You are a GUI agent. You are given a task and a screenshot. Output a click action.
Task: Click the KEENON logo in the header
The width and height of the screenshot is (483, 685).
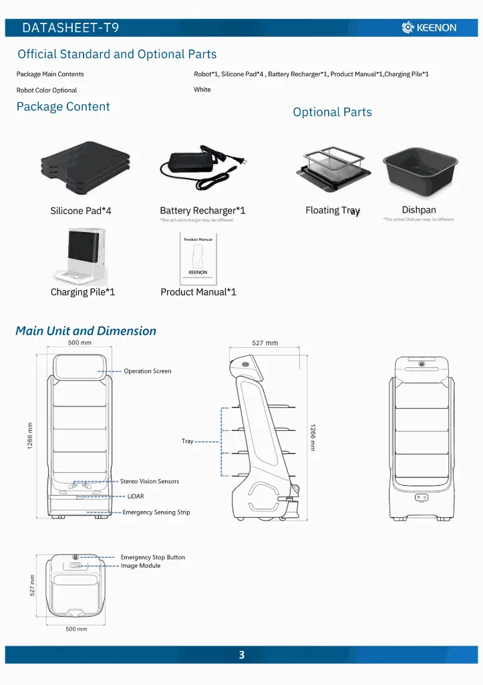(429, 27)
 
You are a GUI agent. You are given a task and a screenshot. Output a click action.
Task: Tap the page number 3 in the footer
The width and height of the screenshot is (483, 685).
(242, 655)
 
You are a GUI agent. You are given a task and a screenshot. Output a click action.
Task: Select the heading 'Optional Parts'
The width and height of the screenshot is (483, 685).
(332, 112)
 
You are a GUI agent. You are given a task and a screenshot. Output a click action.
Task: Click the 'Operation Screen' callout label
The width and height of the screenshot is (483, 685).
(147, 371)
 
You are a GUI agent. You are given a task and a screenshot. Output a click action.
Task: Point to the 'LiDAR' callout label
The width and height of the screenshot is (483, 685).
(136, 496)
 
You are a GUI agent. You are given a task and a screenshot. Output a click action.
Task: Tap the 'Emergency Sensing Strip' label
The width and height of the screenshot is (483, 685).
(156, 512)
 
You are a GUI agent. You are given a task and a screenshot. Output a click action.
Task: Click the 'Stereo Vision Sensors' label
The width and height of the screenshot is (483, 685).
(150, 481)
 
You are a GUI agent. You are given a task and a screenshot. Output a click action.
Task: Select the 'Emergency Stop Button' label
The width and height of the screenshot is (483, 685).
(153, 557)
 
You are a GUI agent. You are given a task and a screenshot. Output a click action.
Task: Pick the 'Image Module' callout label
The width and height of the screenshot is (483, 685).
(140, 566)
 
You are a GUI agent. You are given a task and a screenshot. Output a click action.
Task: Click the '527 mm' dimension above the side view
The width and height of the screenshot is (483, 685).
(265, 343)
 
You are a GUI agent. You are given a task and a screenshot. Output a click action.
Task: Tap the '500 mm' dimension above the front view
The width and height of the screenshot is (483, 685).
(79, 342)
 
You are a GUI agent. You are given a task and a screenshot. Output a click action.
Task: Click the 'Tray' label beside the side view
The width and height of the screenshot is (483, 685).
(187, 442)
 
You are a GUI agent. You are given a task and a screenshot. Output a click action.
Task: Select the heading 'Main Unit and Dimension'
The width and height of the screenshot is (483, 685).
(86, 330)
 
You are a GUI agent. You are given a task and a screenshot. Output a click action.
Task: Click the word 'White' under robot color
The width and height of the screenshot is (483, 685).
(202, 90)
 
